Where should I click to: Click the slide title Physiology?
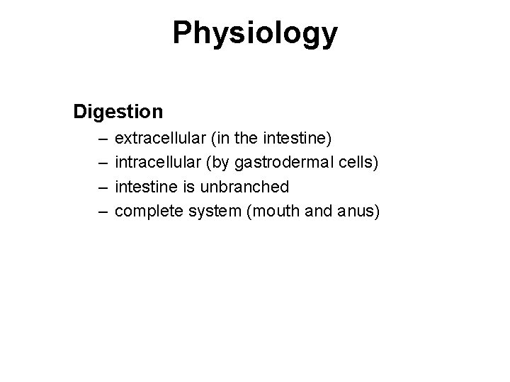(x=255, y=33)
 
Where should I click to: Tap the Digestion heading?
(x=118, y=112)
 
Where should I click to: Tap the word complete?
(x=143, y=212)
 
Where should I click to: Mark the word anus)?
(x=358, y=212)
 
